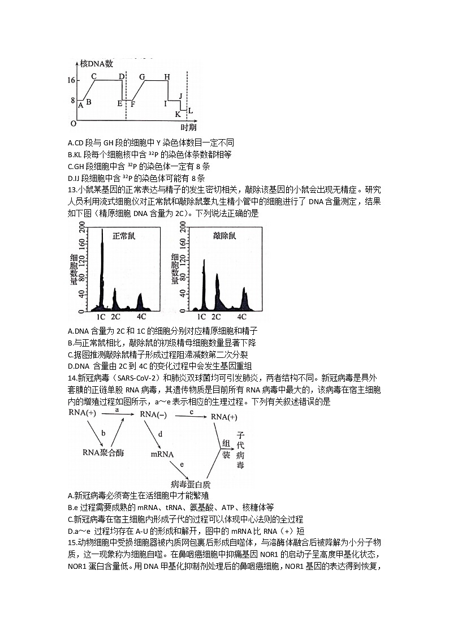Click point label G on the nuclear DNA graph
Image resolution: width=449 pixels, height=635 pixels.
pos(142,76)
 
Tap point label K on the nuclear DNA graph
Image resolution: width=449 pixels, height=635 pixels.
pos(177,114)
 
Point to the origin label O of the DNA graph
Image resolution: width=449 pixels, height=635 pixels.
pos(73,123)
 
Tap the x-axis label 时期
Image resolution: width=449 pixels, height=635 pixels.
pos(188,127)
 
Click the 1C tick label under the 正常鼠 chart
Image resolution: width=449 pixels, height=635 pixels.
pos(101,317)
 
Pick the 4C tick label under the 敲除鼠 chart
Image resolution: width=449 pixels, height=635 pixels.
pos(242,317)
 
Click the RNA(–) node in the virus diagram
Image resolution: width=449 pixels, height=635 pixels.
pos(153,416)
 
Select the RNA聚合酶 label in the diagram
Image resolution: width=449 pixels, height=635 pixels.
pos(103,452)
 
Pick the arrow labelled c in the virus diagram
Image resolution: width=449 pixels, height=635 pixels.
pos(192,416)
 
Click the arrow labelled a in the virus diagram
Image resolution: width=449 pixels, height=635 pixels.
pos(116,416)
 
